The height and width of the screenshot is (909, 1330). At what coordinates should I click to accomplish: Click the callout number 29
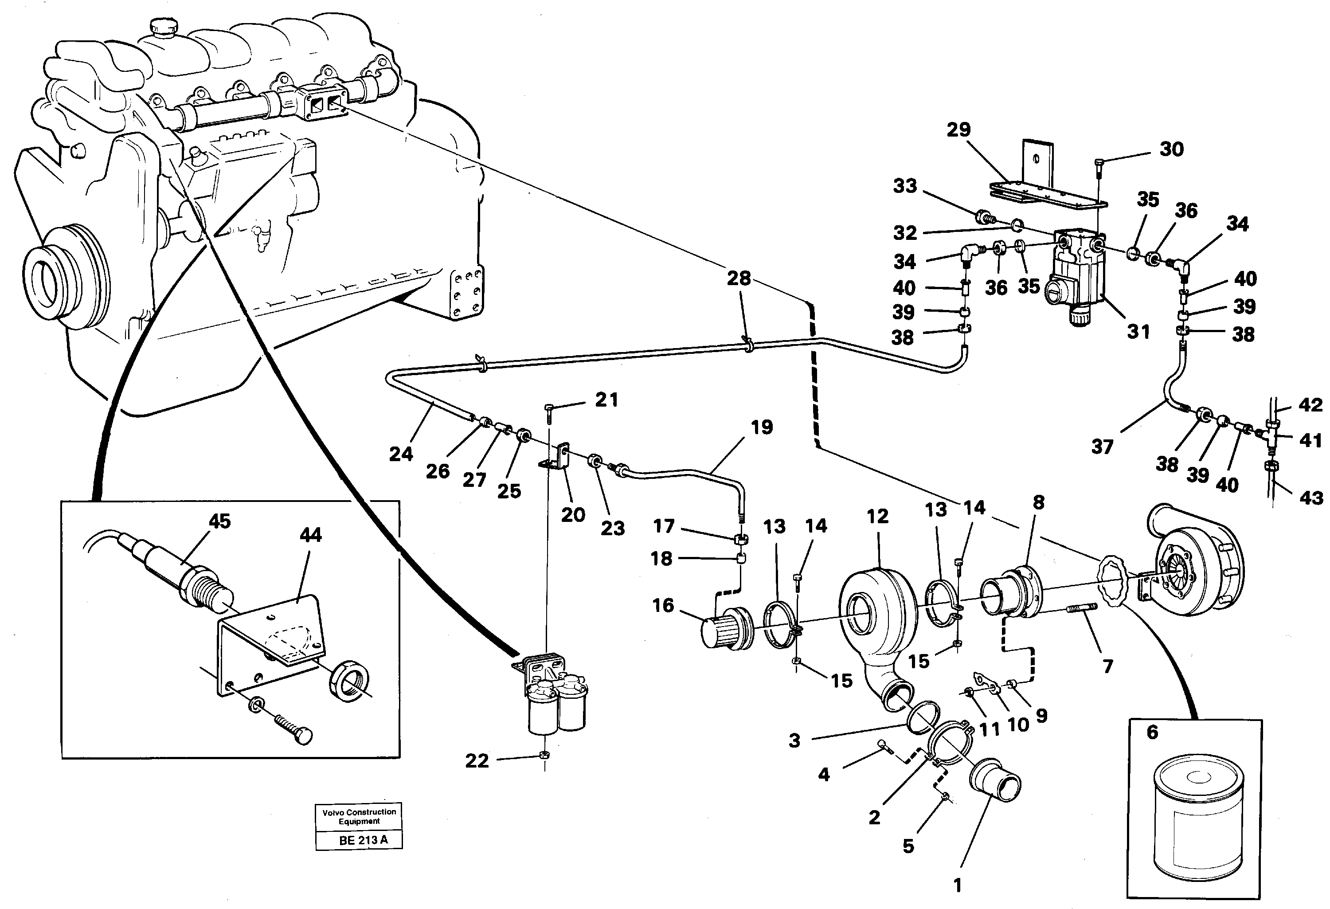click(958, 130)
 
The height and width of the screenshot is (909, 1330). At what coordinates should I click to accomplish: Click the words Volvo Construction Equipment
click(359, 816)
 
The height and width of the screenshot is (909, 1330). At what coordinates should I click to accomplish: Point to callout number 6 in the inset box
click(1153, 732)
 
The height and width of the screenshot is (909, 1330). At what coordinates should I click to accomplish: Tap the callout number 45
click(219, 521)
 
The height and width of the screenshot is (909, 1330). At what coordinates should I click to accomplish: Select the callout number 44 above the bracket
click(311, 535)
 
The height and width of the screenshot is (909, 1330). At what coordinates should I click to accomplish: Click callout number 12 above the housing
click(877, 516)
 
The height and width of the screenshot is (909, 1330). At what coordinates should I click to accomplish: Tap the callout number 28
click(738, 279)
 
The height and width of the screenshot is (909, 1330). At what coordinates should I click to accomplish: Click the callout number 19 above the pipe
click(762, 427)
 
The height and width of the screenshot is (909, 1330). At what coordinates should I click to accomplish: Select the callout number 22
click(477, 761)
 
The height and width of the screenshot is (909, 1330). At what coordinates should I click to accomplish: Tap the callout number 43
click(1311, 498)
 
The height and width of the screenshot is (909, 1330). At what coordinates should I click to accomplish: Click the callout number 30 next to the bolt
click(1171, 149)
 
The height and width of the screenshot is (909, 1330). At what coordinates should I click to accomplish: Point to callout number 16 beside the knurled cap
click(663, 606)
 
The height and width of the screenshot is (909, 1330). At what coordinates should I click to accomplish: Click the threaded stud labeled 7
click(1080, 608)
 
